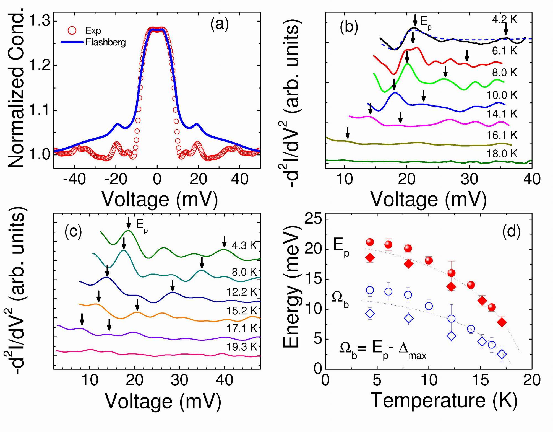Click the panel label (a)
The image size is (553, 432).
click(x=220, y=25)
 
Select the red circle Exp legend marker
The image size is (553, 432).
click(x=72, y=30)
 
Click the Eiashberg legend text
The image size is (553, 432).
click(x=106, y=42)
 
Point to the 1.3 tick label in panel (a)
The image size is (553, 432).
click(x=39, y=21)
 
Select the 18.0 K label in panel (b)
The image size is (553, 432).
click(x=502, y=153)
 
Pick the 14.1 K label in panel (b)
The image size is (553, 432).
click(x=502, y=113)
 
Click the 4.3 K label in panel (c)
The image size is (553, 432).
click(x=244, y=245)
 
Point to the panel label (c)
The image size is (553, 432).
click(x=73, y=232)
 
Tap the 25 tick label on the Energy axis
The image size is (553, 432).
click(x=313, y=219)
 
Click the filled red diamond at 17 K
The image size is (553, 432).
click(x=502, y=322)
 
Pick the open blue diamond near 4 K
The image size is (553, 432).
click(x=370, y=313)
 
